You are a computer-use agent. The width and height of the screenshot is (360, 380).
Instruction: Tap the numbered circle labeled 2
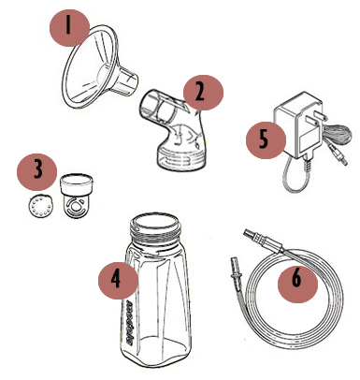(203, 93)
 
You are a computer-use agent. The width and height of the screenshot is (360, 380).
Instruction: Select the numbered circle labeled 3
(36, 171)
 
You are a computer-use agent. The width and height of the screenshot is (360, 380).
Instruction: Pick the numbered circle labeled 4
(119, 279)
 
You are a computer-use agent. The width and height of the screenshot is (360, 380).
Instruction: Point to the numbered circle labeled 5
(266, 139)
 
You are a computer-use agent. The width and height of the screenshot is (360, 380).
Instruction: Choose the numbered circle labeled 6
(297, 283)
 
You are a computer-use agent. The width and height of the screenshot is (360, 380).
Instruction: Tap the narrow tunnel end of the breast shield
(126, 80)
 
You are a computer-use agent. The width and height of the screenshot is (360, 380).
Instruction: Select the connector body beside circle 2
(174, 130)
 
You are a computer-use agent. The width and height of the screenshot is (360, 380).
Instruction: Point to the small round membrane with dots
(39, 206)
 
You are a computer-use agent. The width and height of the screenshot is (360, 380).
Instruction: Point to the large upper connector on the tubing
(261, 241)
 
